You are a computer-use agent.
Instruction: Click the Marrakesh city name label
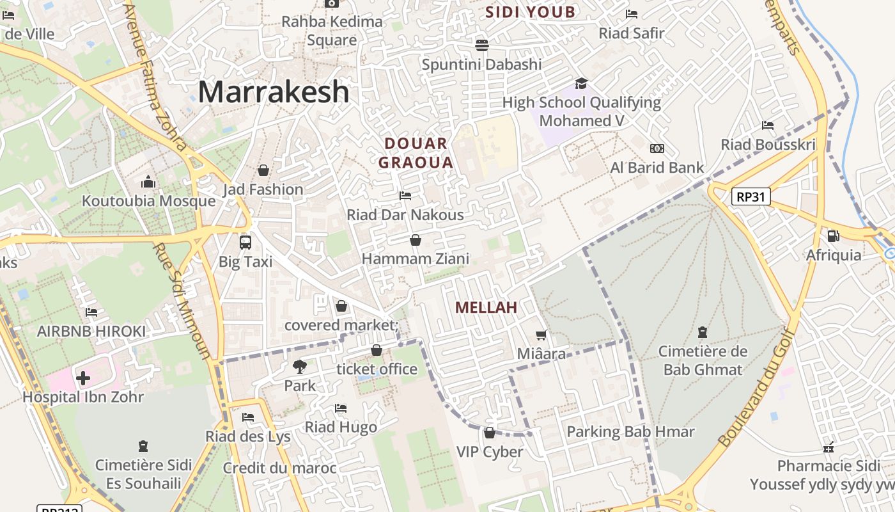pyautogui.click(x=274, y=92)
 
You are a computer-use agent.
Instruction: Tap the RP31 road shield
pyautogui.click(x=751, y=196)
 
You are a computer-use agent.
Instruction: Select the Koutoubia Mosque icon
pyautogui.click(x=148, y=182)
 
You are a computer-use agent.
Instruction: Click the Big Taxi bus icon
pyautogui.click(x=245, y=243)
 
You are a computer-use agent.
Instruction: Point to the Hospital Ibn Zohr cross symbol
pyautogui.click(x=83, y=378)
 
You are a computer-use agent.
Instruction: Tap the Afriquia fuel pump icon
pyautogui.click(x=833, y=236)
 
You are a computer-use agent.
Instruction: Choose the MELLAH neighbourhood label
pyautogui.click(x=486, y=308)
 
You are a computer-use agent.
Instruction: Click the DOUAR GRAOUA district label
pyautogui.click(x=416, y=153)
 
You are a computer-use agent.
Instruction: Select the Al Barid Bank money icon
pyautogui.click(x=657, y=148)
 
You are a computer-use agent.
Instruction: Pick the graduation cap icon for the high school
pyautogui.click(x=581, y=83)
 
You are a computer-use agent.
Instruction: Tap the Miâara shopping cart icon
pyautogui.click(x=541, y=335)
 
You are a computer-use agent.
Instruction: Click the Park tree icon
pyautogui.click(x=299, y=367)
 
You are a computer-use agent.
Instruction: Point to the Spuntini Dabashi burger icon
pyautogui.click(x=481, y=45)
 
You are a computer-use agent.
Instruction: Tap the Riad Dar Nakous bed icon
pyautogui.click(x=405, y=195)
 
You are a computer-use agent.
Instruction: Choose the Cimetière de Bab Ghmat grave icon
pyautogui.click(x=702, y=332)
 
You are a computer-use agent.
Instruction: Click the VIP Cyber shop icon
pyautogui.click(x=490, y=433)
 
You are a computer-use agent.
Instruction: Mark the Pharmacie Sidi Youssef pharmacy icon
pyautogui.click(x=829, y=447)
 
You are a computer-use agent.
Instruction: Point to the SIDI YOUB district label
pyautogui.click(x=530, y=12)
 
